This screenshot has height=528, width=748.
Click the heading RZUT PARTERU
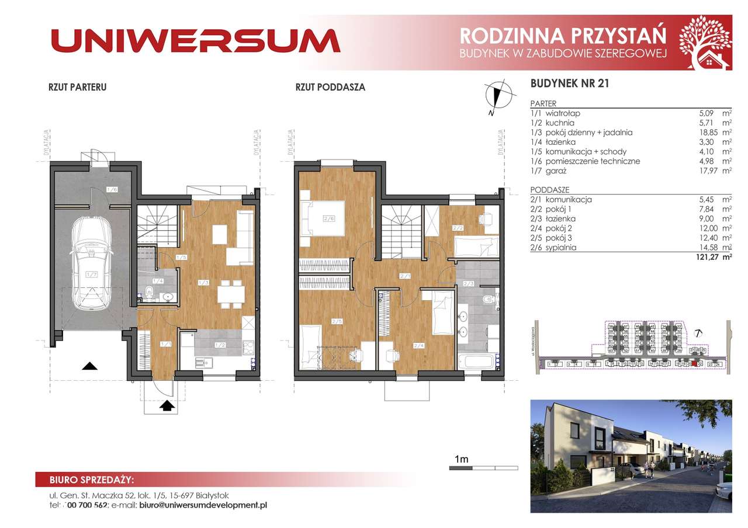(77, 88)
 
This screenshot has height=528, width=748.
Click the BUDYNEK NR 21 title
(570, 84)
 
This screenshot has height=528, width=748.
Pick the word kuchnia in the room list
(560, 123)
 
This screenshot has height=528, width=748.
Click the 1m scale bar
(483, 468)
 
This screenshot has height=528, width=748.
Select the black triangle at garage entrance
(89, 366)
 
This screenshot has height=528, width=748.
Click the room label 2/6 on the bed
(328, 220)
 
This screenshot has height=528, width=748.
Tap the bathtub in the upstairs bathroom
(477, 360)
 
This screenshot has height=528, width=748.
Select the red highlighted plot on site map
(694, 364)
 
